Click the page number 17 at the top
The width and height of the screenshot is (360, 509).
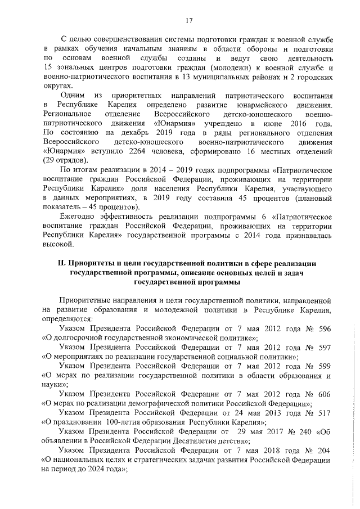[x=188, y=21]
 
